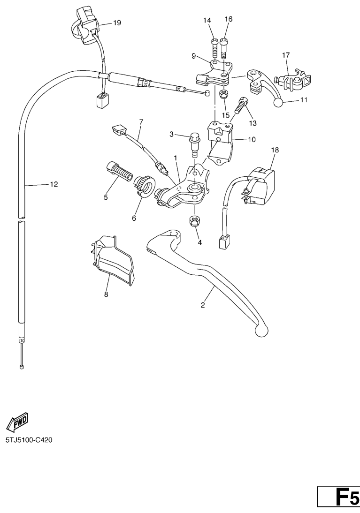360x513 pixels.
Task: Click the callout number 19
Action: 117,23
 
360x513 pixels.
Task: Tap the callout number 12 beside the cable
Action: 54,184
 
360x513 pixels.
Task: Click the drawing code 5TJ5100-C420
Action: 29,440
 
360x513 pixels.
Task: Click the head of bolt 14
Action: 214,41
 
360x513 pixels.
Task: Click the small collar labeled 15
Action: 224,94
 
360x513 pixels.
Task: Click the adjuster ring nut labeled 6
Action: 145,186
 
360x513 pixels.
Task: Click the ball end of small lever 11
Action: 278,102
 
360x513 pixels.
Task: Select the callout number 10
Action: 251,139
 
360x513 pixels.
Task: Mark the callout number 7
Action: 141,122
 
